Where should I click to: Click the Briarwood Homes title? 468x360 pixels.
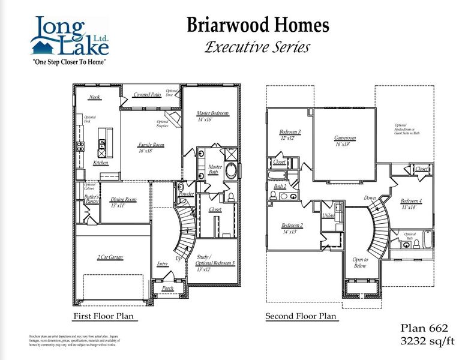(x=258, y=25)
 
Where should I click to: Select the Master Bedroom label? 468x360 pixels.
(x=213, y=113)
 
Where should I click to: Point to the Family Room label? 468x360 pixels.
(x=151, y=145)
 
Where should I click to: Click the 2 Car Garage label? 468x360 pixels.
(x=110, y=257)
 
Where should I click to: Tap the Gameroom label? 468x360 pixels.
(x=345, y=138)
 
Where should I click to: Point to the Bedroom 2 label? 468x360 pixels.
(x=293, y=226)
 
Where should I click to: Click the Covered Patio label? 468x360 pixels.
(x=147, y=95)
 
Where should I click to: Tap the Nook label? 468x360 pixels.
(x=95, y=97)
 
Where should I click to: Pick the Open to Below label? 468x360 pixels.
(x=360, y=262)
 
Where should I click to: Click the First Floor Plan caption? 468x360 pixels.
(x=103, y=316)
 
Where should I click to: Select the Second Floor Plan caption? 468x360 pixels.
(x=301, y=316)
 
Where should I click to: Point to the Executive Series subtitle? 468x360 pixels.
(x=258, y=47)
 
